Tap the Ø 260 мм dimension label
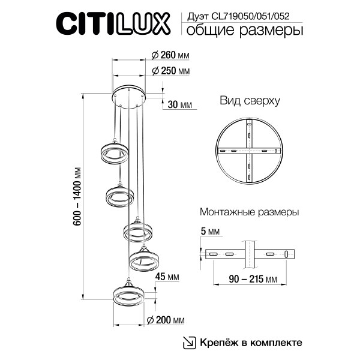[167, 55]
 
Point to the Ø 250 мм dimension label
[167, 71]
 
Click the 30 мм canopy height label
[179, 104]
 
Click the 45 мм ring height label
[167, 277]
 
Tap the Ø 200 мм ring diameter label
[165, 319]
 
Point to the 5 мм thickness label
[210, 230]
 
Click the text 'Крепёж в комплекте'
[251, 342]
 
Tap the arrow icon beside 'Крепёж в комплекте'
[189, 342]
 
